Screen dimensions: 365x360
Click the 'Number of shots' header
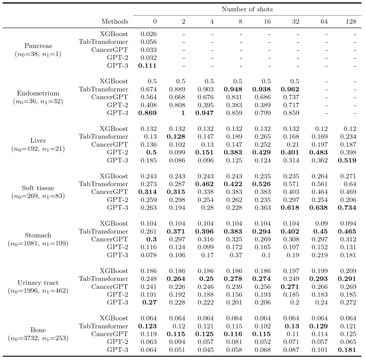pyautogui.click(x=247, y=9)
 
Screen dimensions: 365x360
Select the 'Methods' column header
pyautogui.click(x=115, y=21)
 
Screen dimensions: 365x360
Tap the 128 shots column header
pyautogui.click(x=351, y=21)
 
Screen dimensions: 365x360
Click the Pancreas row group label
pyautogui.click(x=38, y=50)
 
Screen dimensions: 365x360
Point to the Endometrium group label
pyautogui.click(x=38, y=97)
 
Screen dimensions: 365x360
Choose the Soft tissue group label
pyautogui.click(x=38, y=192)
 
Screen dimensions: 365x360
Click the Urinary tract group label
pyautogui.click(x=38, y=287)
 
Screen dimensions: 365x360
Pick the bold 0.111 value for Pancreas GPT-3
pyautogui.click(x=147, y=66)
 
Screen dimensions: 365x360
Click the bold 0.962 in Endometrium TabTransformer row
pyautogui.click(x=290, y=89)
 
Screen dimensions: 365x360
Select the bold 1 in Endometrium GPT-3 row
pyautogui.click(x=183, y=113)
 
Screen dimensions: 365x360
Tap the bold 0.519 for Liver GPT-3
pyautogui.click(x=347, y=160)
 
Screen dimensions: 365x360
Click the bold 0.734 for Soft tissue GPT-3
pyautogui.click(x=347, y=208)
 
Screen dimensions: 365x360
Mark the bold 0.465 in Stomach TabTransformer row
pyautogui.click(x=347, y=232)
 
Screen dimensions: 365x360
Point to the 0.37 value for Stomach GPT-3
pyautogui.click(x=236, y=255)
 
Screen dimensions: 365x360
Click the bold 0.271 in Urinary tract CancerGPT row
pyautogui.click(x=290, y=287)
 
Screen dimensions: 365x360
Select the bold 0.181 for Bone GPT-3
pyautogui.click(x=347, y=350)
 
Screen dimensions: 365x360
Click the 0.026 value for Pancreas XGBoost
pyautogui.click(x=148, y=34)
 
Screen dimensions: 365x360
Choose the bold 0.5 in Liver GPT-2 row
pyautogui.click(x=151, y=152)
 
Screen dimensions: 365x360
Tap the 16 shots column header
pyautogui.click(x=267, y=21)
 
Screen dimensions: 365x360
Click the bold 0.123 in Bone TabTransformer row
pyautogui.click(x=147, y=326)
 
